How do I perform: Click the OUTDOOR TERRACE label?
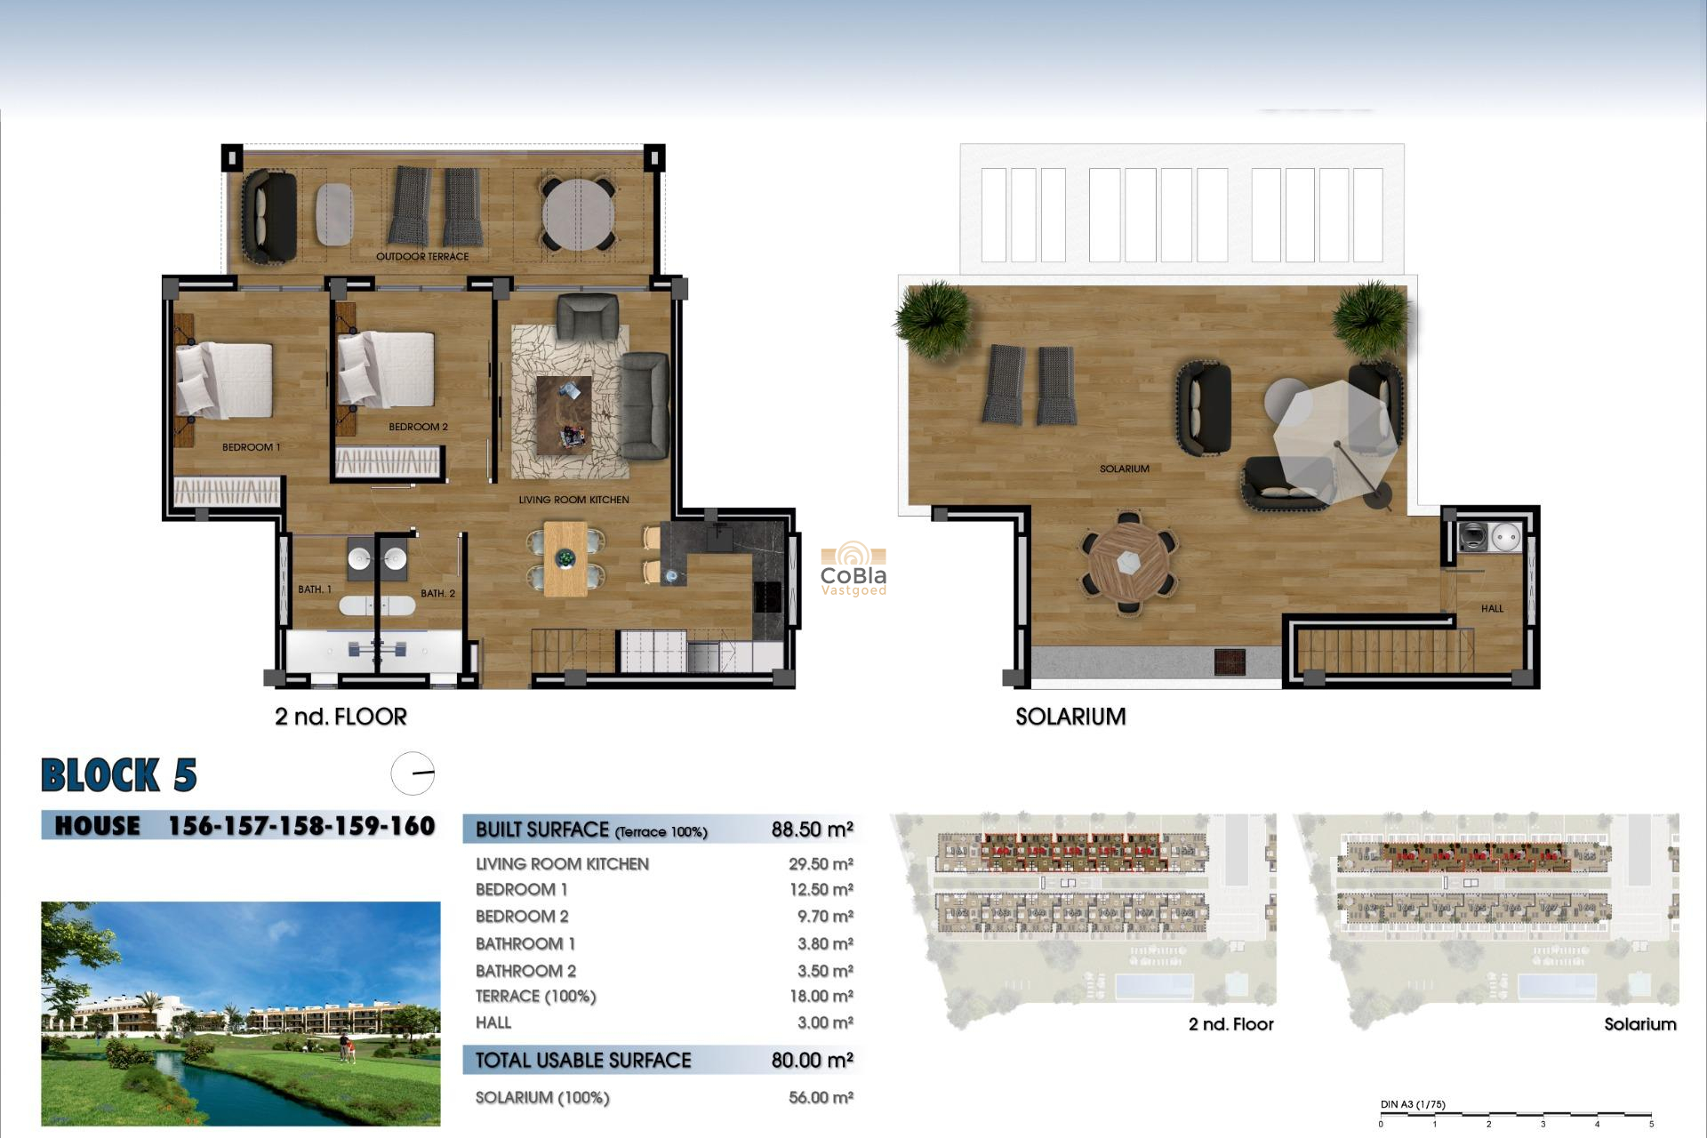click(x=422, y=257)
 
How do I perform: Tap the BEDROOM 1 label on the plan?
click(x=251, y=447)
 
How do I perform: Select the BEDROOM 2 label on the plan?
click(x=418, y=427)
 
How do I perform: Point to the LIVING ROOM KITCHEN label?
click(x=573, y=500)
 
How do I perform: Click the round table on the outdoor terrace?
click(x=578, y=215)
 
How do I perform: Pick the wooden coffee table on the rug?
click(x=564, y=415)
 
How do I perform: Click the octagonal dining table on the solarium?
click(x=1128, y=562)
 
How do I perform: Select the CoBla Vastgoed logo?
click(x=853, y=570)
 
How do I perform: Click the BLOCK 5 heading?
click(x=119, y=775)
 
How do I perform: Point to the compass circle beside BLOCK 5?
click(x=413, y=773)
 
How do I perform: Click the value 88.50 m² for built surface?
click(x=812, y=829)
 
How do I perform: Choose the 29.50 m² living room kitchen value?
click(x=821, y=864)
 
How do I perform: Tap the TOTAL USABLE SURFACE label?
click(x=583, y=1060)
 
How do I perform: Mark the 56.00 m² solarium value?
click(x=821, y=1098)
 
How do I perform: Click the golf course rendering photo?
click(x=240, y=1014)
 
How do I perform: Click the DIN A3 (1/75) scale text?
click(x=1413, y=1104)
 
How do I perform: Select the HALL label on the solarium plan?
click(x=1492, y=609)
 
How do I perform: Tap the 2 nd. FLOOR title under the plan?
click(x=341, y=717)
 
